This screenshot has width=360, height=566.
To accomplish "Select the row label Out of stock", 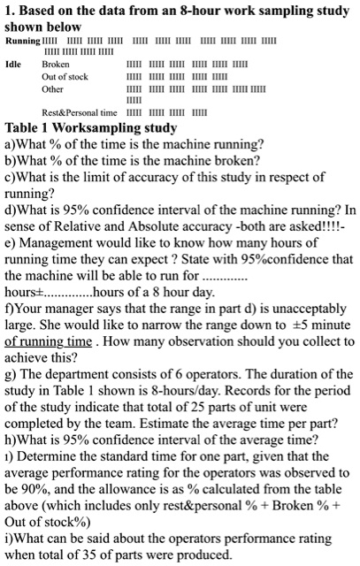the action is [65, 77].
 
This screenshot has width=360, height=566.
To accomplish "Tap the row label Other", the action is [53, 89].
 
